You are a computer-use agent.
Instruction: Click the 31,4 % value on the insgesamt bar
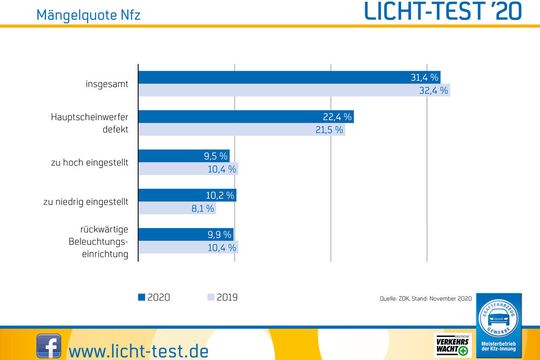point(425,77)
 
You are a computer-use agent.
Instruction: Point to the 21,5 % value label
point(329,130)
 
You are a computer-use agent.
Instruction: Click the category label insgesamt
point(107,83)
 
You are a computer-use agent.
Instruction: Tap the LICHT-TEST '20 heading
point(446,14)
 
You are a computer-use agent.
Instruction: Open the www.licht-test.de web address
point(139,349)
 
